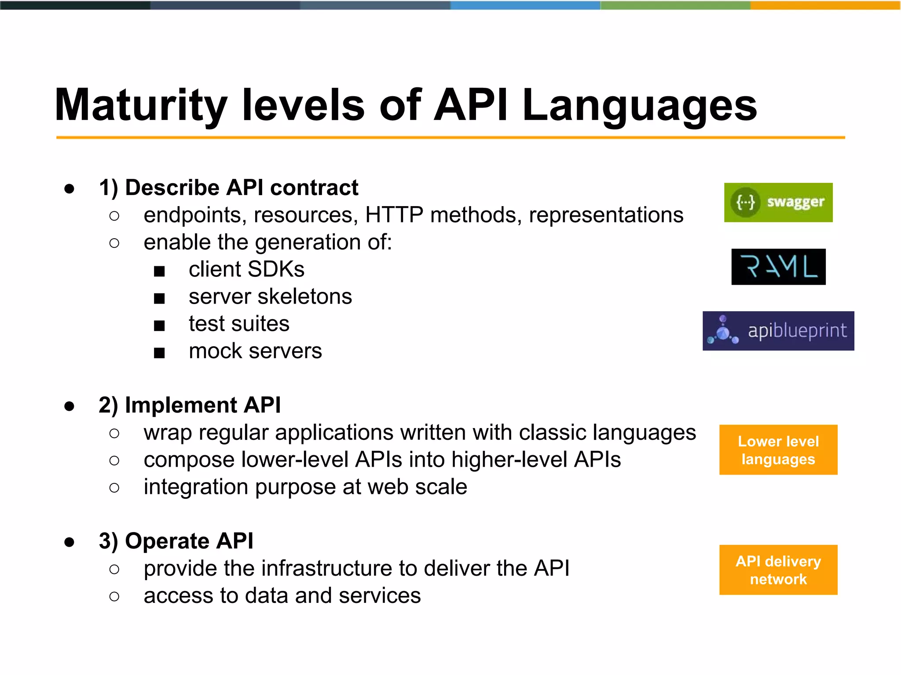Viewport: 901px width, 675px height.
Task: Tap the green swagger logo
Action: tap(778, 203)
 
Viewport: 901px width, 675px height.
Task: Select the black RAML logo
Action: tap(778, 267)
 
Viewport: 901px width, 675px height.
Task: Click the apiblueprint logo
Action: tap(778, 331)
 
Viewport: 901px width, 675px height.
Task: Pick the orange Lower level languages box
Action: tap(778, 450)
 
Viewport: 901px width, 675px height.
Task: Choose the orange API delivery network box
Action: tap(778, 570)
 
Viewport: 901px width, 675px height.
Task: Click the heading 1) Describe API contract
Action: tap(228, 188)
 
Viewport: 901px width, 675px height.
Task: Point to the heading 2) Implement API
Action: tap(190, 405)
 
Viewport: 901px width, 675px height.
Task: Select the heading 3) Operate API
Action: tap(176, 541)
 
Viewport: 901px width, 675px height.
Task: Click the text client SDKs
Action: tap(246, 269)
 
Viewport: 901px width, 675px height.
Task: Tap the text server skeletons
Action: tap(270, 297)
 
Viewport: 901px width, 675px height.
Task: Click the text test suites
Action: tap(239, 324)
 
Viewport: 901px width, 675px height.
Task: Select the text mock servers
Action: tap(255, 351)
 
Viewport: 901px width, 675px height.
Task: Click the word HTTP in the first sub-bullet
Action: tap(394, 215)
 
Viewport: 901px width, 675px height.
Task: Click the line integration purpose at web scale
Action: tap(305, 487)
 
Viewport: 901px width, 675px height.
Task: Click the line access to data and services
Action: tap(282, 595)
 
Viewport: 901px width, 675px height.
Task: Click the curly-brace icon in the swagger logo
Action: tap(746, 203)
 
